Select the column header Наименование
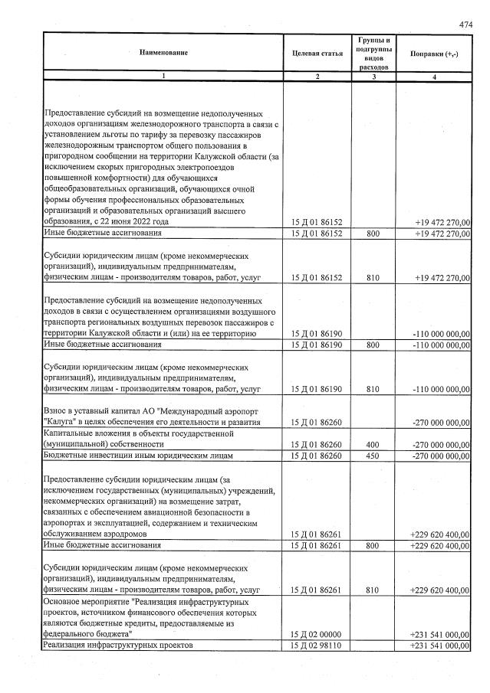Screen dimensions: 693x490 pyautogui.click(x=163, y=52)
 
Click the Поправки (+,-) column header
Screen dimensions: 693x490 pyautogui.click(x=434, y=53)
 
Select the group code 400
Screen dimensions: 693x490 pyautogui.click(x=373, y=443)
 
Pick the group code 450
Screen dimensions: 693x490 pyautogui.click(x=373, y=456)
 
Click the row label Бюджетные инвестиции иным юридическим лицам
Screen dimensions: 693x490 pyautogui.click(x=139, y=456)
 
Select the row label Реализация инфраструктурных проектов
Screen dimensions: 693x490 pyautogui.click(x=117, y=647)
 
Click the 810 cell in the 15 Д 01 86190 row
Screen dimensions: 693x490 pyautogui.click(x=373, y=389)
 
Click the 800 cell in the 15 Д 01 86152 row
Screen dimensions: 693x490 pyautogui.click(x=373, y=233)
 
